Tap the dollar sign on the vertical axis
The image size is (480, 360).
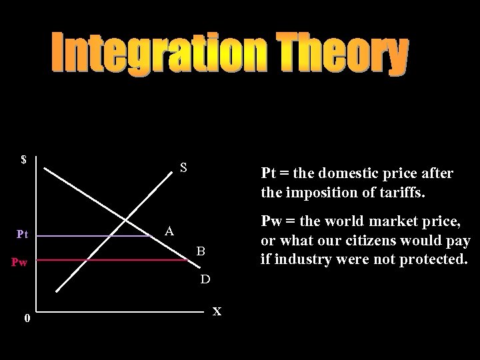[23, 160]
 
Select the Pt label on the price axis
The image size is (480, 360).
[22, 234]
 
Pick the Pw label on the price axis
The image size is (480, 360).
[19, 262]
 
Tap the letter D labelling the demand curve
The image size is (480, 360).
[206, 277]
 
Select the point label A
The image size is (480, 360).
[170, 231]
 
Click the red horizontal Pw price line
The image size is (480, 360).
[113, 260]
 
